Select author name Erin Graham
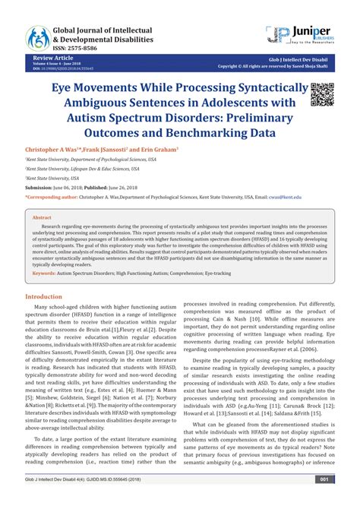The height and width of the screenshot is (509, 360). coord(158,150)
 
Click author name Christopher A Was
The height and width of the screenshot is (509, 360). coord(58,150)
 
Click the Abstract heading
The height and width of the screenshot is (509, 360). coord(42,217)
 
